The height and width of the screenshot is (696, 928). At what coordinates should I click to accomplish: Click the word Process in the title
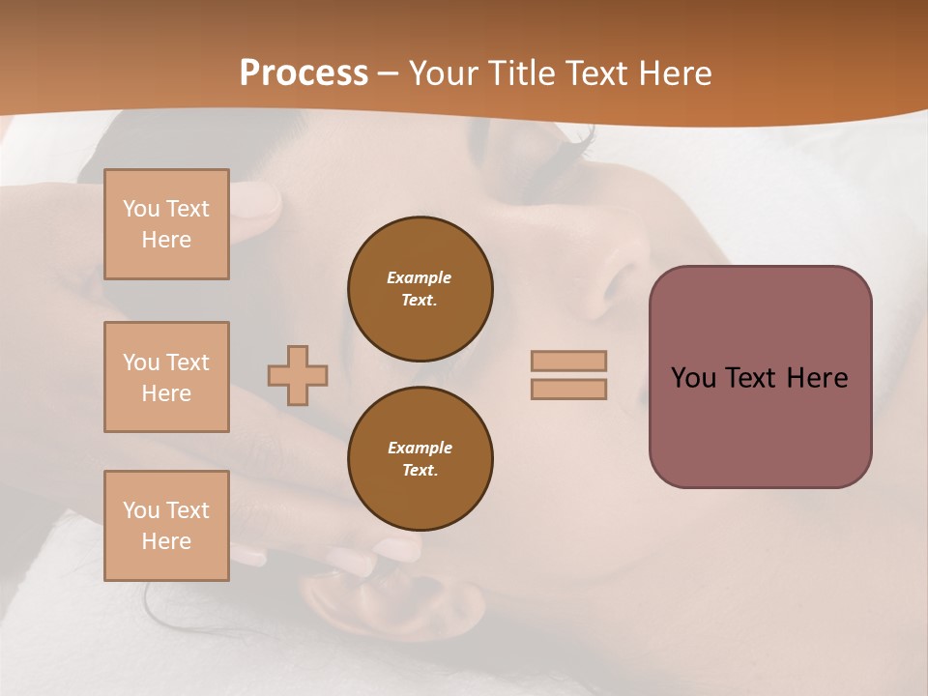(x=304, y=73)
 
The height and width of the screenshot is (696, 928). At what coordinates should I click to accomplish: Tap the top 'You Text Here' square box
(x=166, y=224)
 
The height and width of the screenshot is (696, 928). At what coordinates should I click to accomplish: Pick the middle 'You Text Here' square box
(x=166, y=377)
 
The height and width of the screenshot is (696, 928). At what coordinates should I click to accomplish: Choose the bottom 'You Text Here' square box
(x=166, y=526)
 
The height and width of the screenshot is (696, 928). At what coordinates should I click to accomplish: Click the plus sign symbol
(x=298, y=375)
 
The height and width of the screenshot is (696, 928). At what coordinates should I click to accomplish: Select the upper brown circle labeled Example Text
(x=420, y=288)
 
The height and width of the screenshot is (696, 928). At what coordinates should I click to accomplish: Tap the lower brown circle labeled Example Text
(x=420, y=458)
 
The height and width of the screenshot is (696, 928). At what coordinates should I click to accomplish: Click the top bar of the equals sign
(x=568, y=361)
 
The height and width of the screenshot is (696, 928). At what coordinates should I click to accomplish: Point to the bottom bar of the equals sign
(x=568, y=389)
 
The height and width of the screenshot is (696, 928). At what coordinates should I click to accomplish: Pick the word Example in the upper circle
(x=419, y=277)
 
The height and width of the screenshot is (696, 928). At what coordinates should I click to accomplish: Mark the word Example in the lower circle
(x=420, y=448)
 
